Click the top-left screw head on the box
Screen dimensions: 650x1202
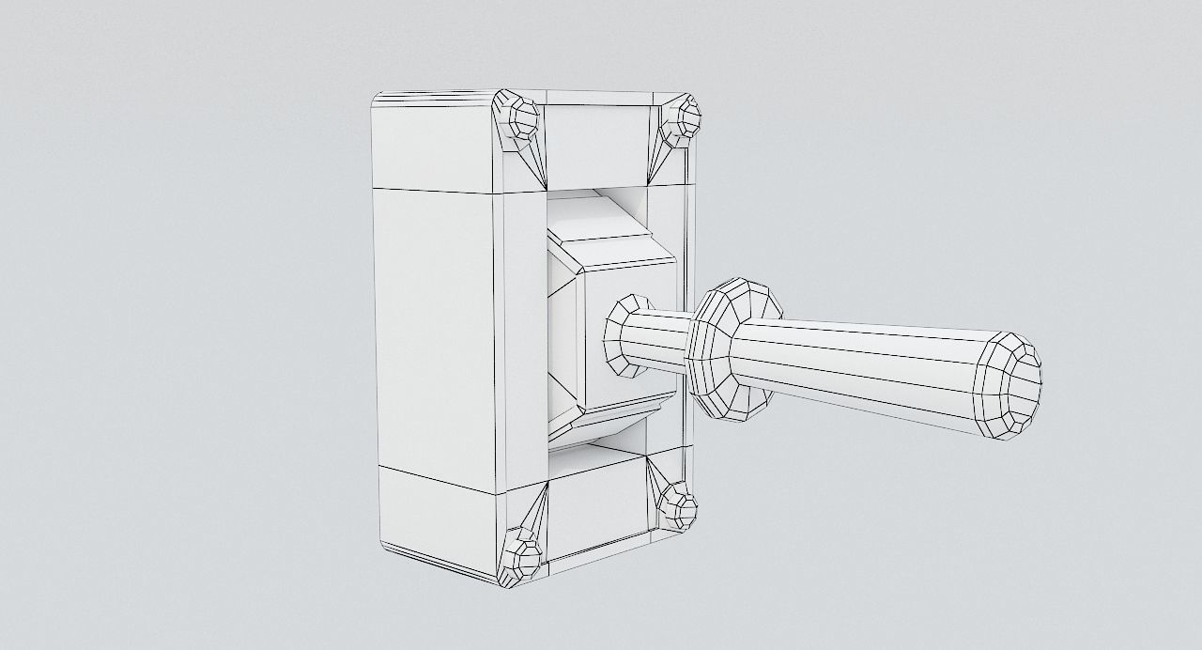pyautogui.click(x=516, y=118)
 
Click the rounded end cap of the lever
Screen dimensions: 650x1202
pyautogui.click(x=1010, y=385)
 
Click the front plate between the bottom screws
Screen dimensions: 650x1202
pyautogui.click(x=597, y=516)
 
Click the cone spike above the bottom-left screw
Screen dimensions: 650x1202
pyautogui.click(x=536, y=512)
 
